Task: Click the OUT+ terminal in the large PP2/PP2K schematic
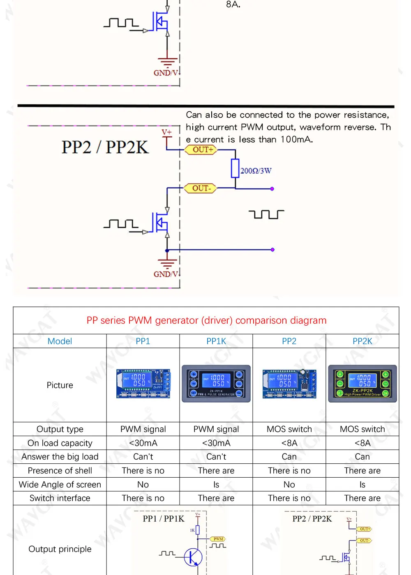(x=203, y=150)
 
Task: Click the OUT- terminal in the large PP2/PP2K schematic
(x=201, y=188)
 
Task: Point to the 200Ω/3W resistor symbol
(x=235, y=168)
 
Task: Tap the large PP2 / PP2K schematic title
(x=105, y=147)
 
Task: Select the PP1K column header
(x=216, y=341)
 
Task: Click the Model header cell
(x=60, y=341)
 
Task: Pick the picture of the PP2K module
(x=362, y=384)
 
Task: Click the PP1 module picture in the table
(x=143, y=384)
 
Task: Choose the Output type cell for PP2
(x=289, y=429)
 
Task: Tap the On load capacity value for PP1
(x=143, y=443)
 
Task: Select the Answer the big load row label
(x=60, y=457)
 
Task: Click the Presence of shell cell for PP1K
(x=216, y=471)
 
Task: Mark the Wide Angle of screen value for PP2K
(x=362, y=485)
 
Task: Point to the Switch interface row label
(x=60, y=498)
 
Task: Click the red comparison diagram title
(x=206, y=320)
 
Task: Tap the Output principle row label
(x=60, y=549)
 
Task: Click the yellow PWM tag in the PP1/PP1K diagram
(x=218, y=539)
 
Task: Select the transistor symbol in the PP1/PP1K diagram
(x=193, y=557)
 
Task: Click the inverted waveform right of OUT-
(x=266, y=214)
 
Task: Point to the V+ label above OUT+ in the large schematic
(x=166, y=132)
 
